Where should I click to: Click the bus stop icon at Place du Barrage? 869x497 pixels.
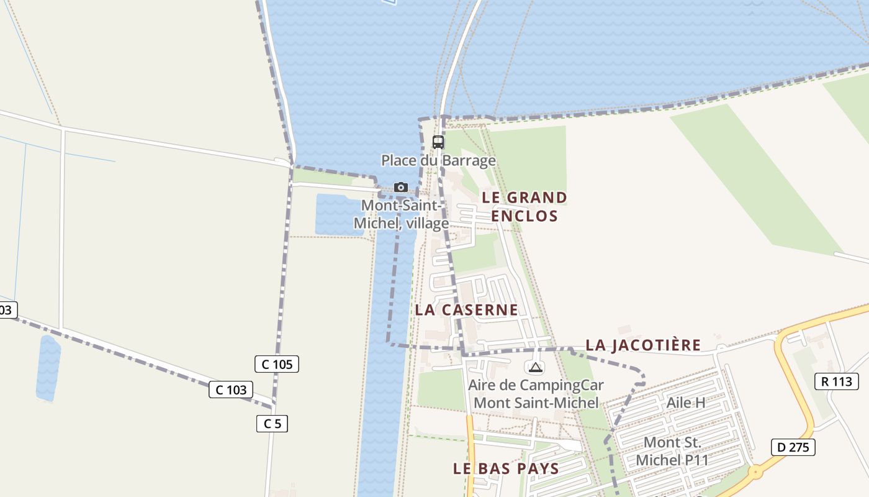(x=438, y=142)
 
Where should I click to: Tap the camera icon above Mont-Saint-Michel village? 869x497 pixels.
(x=401, y=187)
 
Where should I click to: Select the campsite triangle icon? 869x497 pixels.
(x=536, y=367)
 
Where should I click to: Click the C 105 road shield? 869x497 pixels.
(x=277, y=364)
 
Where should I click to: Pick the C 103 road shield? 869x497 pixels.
(x=232, y=390)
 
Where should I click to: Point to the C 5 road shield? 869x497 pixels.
(x=272, y=424)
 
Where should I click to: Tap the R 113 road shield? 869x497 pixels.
(x=836, y=381)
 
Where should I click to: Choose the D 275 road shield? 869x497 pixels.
(x=793, y=447)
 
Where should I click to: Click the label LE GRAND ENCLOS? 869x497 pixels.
(x=525, y=207)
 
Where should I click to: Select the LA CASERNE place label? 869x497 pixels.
(x=466, y=310)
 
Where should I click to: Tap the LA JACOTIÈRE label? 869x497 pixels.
(x=643, y=345)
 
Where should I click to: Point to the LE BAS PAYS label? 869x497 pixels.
(x=506, y=468)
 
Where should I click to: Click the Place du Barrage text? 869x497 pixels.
(x=438, y=161)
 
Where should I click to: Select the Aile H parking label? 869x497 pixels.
(x=685, y=403)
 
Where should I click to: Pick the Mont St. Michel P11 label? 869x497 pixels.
(x=672, y=452)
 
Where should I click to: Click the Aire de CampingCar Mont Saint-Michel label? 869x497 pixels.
(x=536, y=394)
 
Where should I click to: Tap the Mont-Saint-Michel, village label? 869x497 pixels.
(x=401, y=214)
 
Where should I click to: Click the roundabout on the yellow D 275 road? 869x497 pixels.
(x=755, y=472)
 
